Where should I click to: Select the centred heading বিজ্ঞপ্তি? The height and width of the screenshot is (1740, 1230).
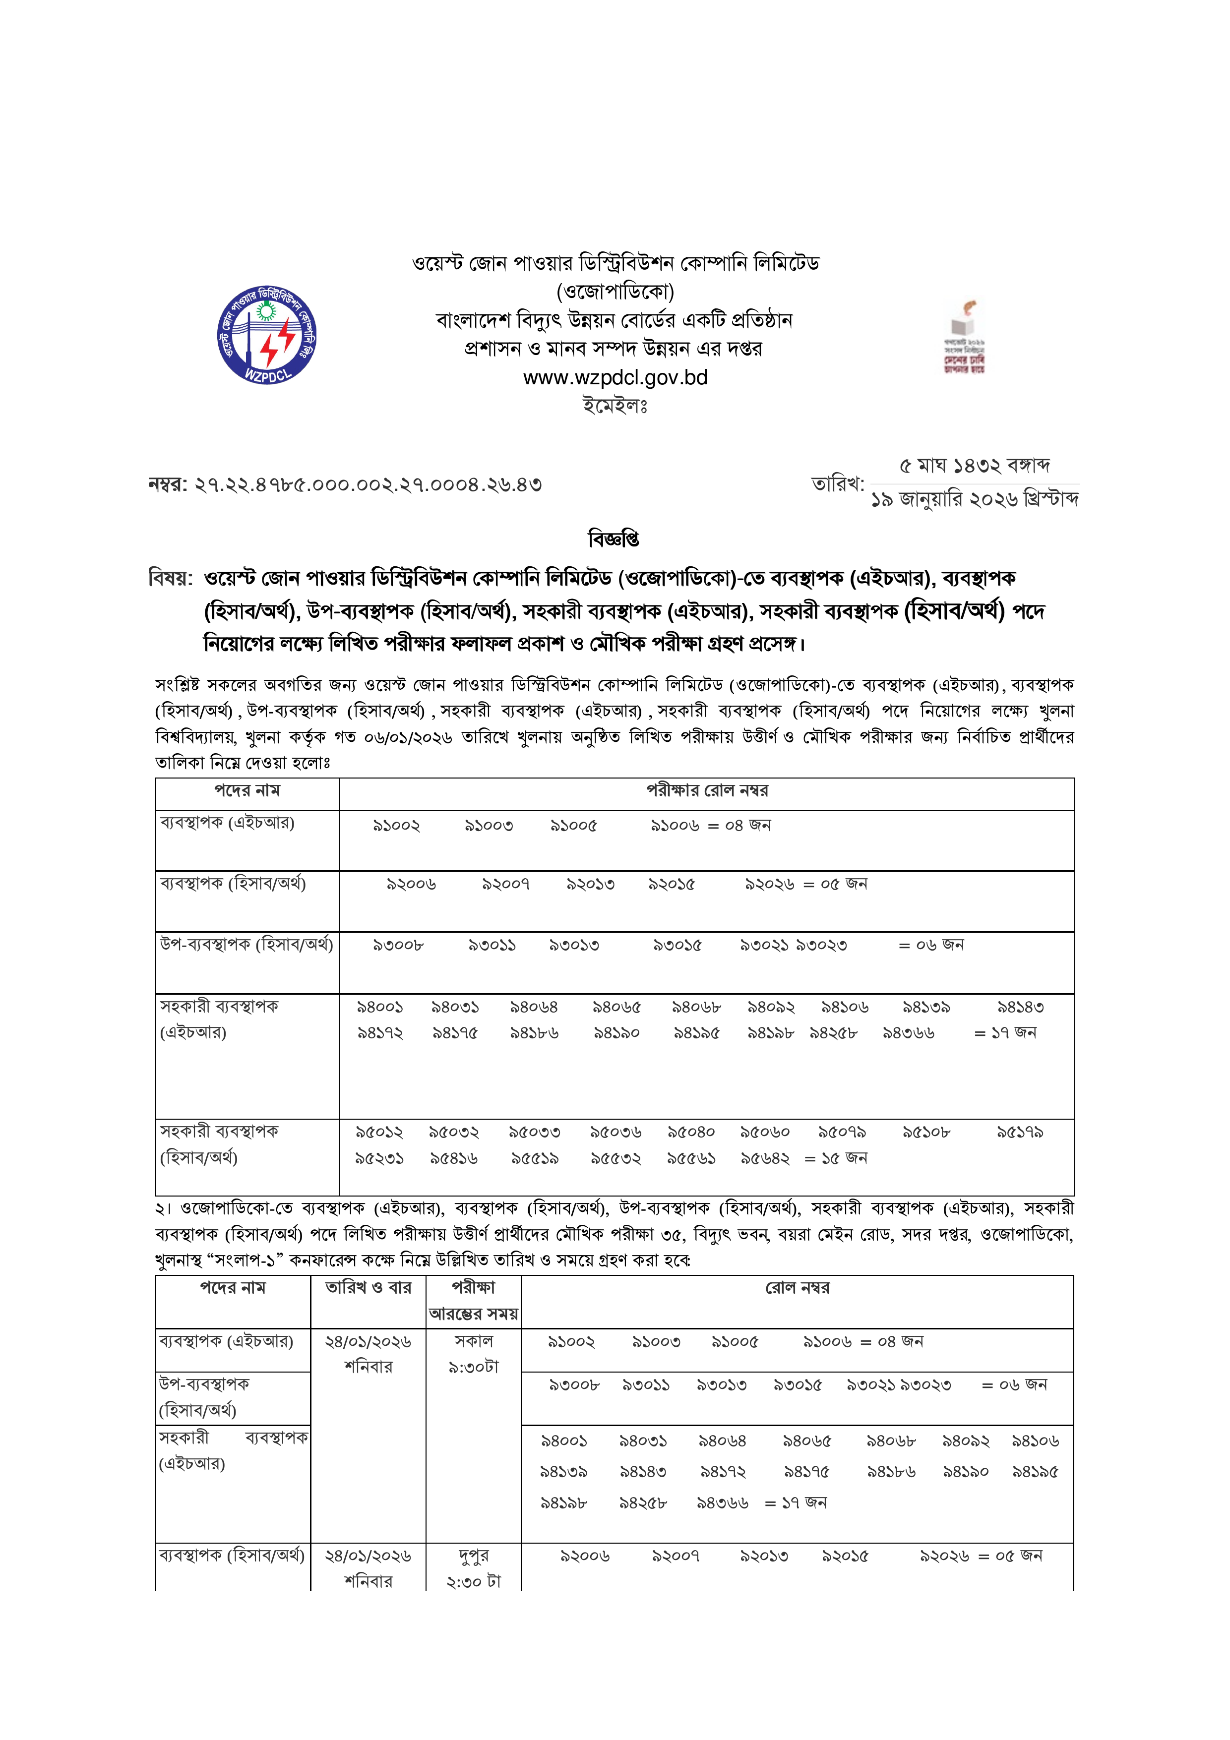point(614,539)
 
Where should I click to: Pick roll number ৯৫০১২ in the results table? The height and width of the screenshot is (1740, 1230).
point(379,1132)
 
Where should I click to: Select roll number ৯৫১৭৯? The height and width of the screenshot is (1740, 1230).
point(1019,1132)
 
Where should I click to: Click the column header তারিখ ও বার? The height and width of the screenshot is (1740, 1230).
point(369,1288)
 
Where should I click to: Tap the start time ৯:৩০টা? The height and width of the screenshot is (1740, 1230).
point(474,1367)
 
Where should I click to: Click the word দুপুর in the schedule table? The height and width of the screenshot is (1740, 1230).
point(474,1556)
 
